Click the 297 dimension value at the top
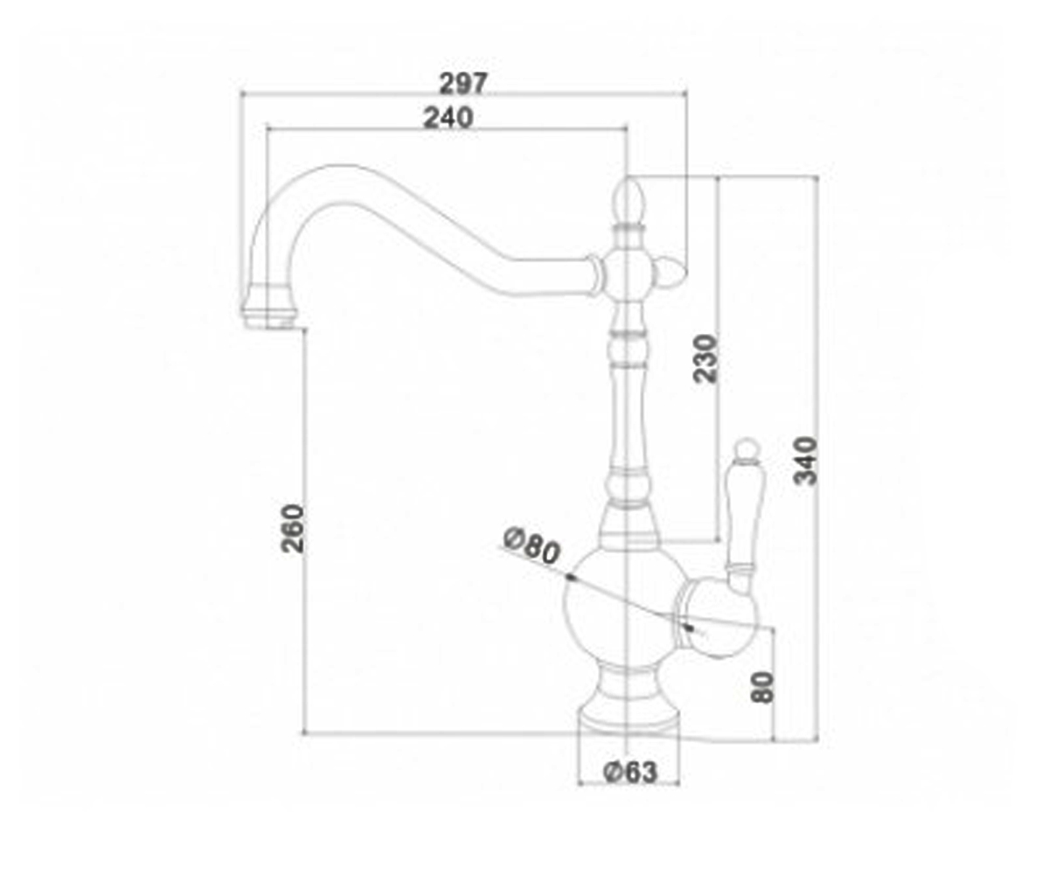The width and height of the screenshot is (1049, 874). click(x=463, y=83)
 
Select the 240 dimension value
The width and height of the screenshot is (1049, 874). click(x=448, y=118)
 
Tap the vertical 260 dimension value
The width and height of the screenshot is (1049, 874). click(x=292, y=529)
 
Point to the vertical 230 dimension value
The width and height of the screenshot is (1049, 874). click(x=705, y=359)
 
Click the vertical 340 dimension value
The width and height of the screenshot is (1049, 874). click(x=805, y=461)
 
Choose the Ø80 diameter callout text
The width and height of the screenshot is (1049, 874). click(x=531, y=545)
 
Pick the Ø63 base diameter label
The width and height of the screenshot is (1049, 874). click(x=630, y=772)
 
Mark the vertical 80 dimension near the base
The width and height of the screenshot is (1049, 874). click(x=762, y=687)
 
